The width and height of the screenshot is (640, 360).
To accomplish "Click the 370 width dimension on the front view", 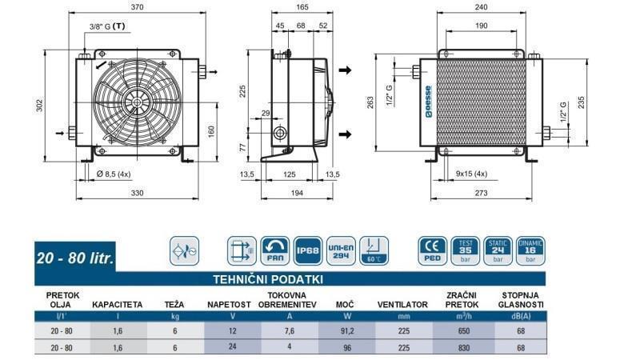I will [138, 6].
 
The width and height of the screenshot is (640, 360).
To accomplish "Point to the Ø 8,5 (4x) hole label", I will [118, 174].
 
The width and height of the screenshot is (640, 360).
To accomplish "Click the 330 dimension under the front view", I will [138, 193].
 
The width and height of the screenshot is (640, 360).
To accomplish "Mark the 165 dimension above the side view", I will [301, 6].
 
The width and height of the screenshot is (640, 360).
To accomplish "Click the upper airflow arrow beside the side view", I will [345, 70].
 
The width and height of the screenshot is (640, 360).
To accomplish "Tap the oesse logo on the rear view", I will [428, 102].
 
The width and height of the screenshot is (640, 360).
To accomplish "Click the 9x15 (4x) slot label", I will [471, 174].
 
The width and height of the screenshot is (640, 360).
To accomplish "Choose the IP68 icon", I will [308, 249].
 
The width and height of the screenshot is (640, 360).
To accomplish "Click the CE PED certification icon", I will [432, 250].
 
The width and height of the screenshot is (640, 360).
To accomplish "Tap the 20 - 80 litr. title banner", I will [77, 259].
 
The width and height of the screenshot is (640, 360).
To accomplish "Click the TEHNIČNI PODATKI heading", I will [267, 279].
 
